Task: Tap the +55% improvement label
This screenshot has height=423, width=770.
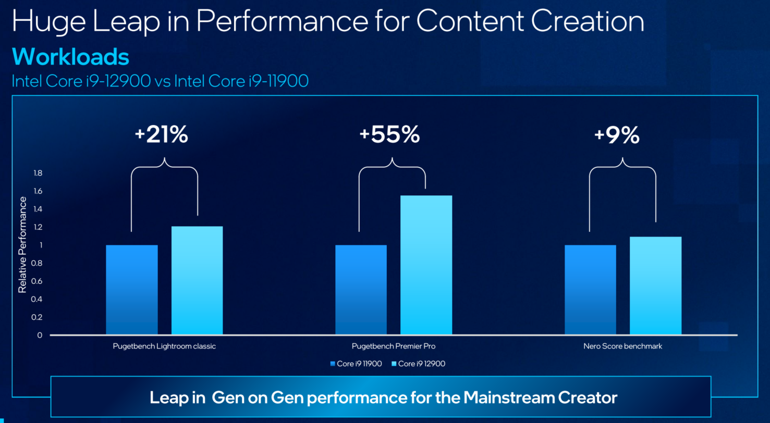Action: (389, 135)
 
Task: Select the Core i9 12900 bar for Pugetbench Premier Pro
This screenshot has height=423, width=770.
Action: (426, 265)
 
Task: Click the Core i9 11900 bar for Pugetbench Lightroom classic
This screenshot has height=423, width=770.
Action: (132, 289)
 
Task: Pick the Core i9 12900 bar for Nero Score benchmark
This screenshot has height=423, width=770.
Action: (655, 285)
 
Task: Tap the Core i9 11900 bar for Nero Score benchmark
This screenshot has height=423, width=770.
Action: (590, 289)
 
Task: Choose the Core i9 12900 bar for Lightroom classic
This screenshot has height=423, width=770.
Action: (197, 280)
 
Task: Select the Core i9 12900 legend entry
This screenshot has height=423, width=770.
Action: (422, 364)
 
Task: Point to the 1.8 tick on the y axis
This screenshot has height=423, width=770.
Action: (37, 173)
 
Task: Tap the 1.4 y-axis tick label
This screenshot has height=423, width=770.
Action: (37, 209)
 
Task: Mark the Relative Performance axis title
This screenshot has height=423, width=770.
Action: (22, 244)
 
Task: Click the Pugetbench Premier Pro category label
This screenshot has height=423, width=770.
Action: (393, 346)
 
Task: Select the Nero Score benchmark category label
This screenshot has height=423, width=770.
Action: (623, 346)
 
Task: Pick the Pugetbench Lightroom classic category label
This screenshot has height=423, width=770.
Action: (164, 346)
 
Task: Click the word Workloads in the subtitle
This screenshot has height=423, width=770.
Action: (70, 57)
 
